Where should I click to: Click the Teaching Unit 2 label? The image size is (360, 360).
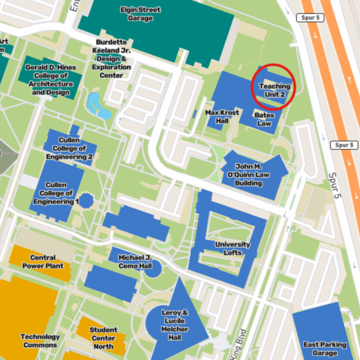coord(274,90)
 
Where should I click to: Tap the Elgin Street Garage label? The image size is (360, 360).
coord(140,14)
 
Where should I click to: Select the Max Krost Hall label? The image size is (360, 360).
coord(222,117)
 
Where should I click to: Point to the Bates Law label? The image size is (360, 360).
coord(264,119)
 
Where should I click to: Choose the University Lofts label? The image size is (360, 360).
coord(232,249)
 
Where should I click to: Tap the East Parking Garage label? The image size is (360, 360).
coord(325,348)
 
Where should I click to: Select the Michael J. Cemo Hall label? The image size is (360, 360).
coord(135,261)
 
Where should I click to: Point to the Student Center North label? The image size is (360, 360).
coord(103,338)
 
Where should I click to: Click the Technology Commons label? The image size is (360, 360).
coord(40,341)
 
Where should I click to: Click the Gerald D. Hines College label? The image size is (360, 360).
coord(51,79)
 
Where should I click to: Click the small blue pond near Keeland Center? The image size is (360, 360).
coord(99,104)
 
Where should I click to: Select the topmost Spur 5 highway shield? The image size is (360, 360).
coord(311,17)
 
